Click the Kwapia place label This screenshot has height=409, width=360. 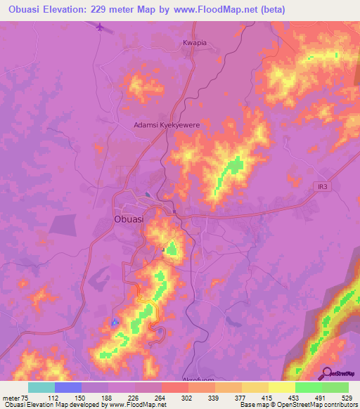point(195,43)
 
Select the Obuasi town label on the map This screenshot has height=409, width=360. point(128,219)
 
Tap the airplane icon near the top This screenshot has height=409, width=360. point(99,28)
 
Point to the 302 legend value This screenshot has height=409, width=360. point(188,396)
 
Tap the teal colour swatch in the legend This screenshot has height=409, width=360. point(41,387)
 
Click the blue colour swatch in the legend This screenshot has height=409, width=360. point(68,387)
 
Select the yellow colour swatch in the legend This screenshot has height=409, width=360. point(282,387)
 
